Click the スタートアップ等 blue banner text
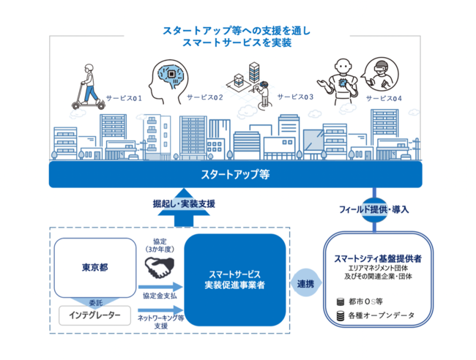(x=238, y=175)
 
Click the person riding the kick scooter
(x=86, y=86)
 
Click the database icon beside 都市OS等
(x=340, y=301)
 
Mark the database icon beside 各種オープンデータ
(x=340, y=316)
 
